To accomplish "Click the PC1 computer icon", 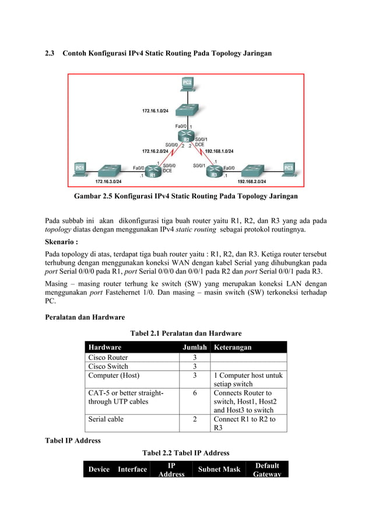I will [x=80, y=169].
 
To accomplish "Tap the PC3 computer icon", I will [x=289, y=169].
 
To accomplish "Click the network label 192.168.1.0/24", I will [x=219, y=151].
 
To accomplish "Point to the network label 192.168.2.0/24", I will [x=251, y=181].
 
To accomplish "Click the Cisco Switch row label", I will [x=108, y=366].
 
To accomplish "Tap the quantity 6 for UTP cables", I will [x=194, y=393].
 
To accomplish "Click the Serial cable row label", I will [x=106, y=419].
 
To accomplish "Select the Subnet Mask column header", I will [x=219, y=469].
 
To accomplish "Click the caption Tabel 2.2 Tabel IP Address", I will [x=185, y=453].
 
